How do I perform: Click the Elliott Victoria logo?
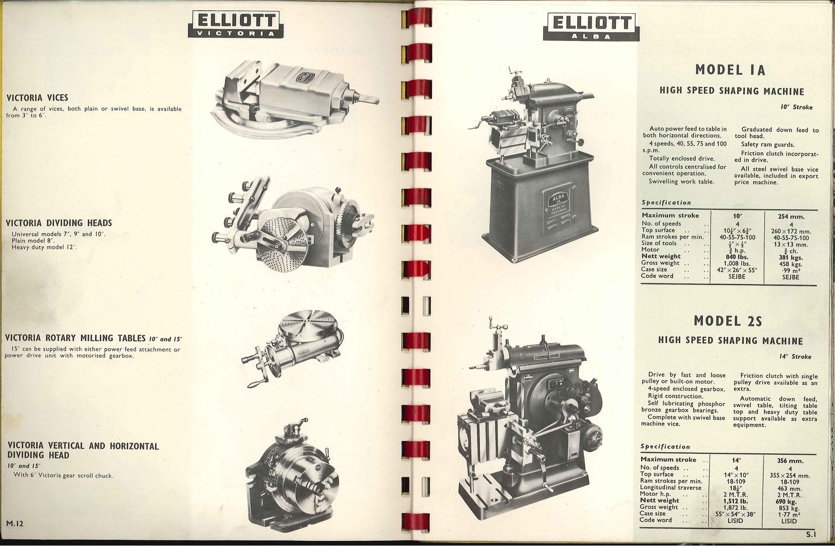click(235, 24)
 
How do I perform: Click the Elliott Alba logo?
click(591, 26)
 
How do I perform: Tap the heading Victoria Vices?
click(37, 98)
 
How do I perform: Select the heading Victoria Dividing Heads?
click(59, 223)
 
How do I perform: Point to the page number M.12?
click(15, 523)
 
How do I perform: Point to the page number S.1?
click(811, 535)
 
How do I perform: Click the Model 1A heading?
click(730, 70)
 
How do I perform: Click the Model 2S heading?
click(727, 321)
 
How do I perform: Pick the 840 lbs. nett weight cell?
click(737, 257)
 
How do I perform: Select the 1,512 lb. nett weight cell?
click(735, 501)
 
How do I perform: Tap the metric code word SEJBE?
click(790, 277)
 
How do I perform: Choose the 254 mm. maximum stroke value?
click(791, 216)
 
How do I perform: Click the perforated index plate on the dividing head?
click(283, 244)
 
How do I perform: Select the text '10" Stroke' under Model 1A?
click(797, 107)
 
